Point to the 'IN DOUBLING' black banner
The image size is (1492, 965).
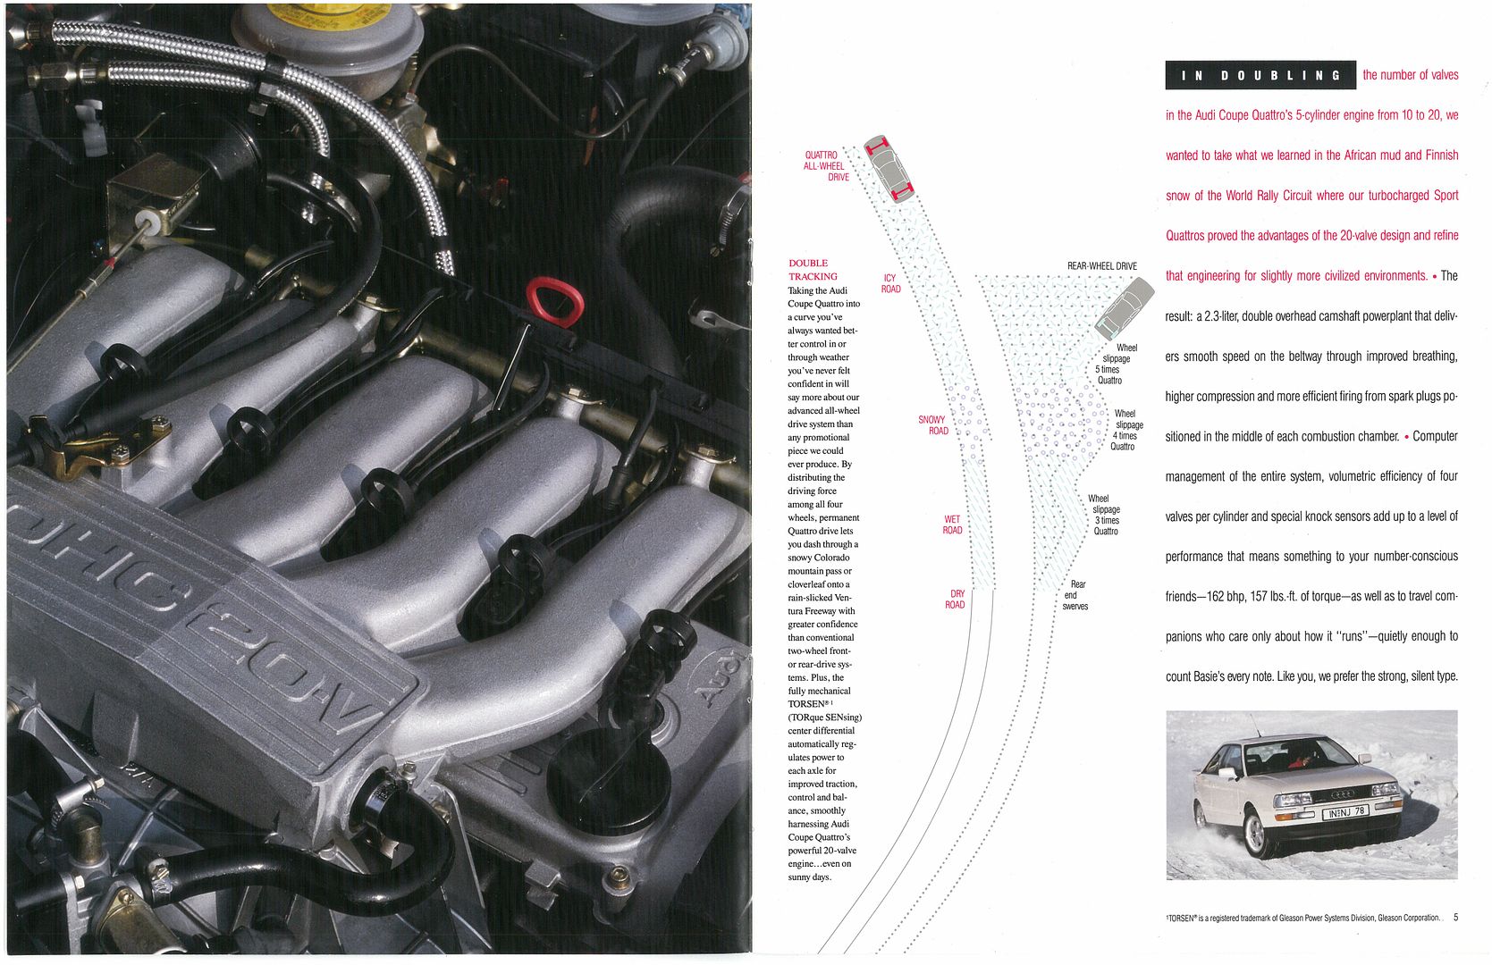pyautogui.click(x=1260, y=75)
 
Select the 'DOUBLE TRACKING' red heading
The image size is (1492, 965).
pyautogui.click(x=813, y=270)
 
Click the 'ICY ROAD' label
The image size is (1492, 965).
pyautogui.click(x=890, y=284)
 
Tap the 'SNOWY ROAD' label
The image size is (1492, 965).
pyautogui.click(x=932, y=425)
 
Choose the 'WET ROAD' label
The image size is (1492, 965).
pyautogui.click(x=952, y=524)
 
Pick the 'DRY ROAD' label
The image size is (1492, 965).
pyautogui.click(x=955, y=600)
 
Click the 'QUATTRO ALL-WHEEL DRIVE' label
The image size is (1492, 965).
pyautogui.click(x=827, y=166)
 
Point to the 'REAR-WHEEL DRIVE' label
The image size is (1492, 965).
pyautogui.click(x=1101, y=265)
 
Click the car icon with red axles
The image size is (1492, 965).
pyautogui.click(x=889, y=169)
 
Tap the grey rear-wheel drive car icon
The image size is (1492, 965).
pyautogui.click(x=1125, y=307)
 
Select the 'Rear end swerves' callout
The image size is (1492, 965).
pyautogui.click(x=1075, y=595)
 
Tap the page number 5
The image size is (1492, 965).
pyautogui.click(x=1455, y=917)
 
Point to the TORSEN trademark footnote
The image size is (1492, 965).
pyautogui.click(x=1303, y=918)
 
